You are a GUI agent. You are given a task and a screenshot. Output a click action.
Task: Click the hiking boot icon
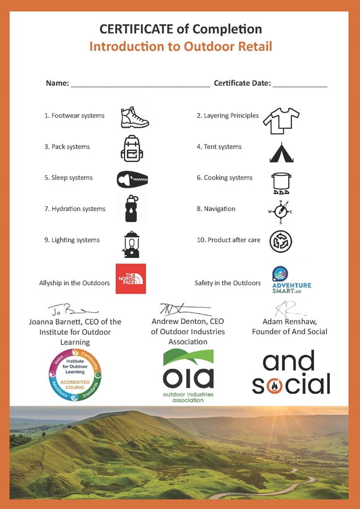pos(135,117)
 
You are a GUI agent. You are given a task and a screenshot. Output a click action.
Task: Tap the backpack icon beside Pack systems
pos(131,148)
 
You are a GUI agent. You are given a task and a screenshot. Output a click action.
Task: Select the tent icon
pos(281,152)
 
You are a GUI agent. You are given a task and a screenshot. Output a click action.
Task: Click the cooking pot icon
pos(281,183)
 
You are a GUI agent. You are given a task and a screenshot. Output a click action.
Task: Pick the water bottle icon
pos(131,209)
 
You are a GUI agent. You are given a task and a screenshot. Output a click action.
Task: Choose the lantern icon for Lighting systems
pos(131,244)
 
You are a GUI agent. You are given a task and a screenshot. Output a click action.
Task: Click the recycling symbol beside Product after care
pos(281,241)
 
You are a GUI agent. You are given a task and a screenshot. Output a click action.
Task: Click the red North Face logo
pos(131,278)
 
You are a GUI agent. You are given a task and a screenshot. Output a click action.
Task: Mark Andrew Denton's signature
pos(184,309)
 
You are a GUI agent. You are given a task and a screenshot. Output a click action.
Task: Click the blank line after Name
pos(140,85)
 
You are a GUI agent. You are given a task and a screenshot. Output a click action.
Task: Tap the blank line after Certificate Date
pos(299,85)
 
